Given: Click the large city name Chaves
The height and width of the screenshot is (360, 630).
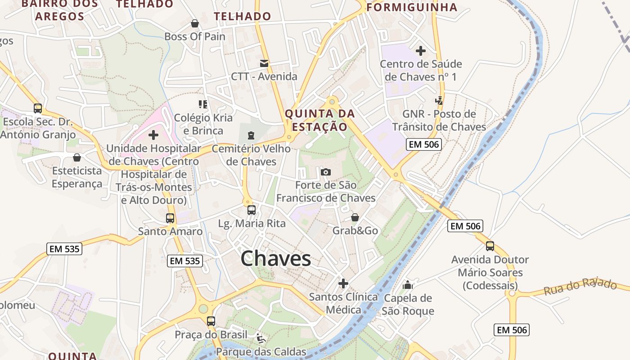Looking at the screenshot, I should (275, 259).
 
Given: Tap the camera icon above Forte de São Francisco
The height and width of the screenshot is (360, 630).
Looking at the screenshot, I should (326, 172).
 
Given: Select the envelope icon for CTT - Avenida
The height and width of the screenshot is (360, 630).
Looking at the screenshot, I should (264, 63).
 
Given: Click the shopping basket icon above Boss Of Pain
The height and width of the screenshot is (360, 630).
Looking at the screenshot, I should (195, 23).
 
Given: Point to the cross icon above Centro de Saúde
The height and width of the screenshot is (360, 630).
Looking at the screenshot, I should (421, 51).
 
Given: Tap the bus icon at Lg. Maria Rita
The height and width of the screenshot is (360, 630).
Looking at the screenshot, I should (252, 210).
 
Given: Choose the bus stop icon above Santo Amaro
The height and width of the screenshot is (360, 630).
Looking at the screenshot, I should (170, 218).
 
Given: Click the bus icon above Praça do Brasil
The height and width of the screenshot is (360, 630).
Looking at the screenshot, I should (211, 321).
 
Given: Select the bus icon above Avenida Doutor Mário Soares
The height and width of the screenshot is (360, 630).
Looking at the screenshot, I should (490, 246).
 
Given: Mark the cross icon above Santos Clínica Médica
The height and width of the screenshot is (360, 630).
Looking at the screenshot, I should (343, 283).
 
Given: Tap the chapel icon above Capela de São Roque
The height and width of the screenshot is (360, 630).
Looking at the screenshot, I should (408, 284).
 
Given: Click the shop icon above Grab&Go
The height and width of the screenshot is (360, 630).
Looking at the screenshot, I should (355, 218).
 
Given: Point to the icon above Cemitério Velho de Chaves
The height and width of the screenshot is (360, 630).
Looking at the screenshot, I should (251, 135).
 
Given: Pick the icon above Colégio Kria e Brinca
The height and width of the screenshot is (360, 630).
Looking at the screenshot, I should (203, 104).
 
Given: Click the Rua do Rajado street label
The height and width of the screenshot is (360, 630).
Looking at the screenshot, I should (580, 286).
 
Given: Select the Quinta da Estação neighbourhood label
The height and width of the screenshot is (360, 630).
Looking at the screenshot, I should (320, 120).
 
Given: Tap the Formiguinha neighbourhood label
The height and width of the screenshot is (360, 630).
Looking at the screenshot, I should (412, 7).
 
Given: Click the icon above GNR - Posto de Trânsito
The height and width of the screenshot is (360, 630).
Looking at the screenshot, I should (439, 101).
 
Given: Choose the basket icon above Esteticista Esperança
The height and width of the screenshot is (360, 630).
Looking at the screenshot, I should (77, 157).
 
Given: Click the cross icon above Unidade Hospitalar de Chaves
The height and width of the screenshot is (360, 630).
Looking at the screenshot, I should (153, 135).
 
